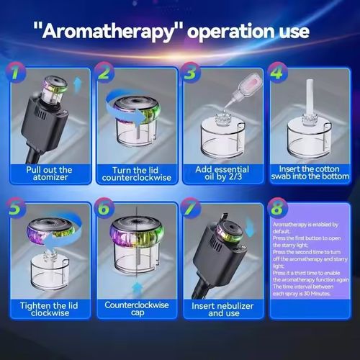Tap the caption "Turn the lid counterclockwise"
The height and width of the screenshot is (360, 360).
(135, 174)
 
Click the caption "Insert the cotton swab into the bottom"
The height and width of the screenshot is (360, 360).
(308, 174)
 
